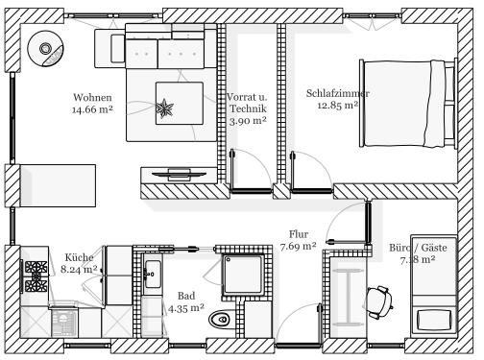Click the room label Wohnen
(92, 97)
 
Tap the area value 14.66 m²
(92, 109)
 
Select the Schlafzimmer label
(338, 93)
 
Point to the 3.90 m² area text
(248, 121)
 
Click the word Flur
(299, 234)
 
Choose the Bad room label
(186, 296)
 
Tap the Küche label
(79, 257)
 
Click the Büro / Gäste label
(418, 248)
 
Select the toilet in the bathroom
(221, 319)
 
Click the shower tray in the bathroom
(243, 275)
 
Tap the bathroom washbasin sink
(153, 275)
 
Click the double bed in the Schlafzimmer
(408, 104)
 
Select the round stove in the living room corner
(45, 49)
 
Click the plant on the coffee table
(164, 108)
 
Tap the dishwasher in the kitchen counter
(64, 324)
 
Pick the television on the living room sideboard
(179, 175)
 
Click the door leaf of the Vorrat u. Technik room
(231, 170)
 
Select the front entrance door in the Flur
(320, 324)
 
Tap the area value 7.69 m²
(299, 247)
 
